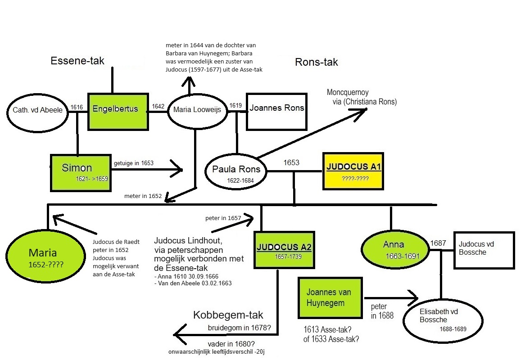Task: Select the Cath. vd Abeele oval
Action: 37,110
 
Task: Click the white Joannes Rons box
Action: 276,111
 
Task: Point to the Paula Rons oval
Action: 236,172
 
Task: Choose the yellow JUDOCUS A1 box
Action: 353,171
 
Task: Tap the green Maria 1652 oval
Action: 46,255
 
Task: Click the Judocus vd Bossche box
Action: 484,250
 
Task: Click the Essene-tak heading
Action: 77,61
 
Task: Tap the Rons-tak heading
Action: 316,62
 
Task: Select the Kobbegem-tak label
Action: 228,315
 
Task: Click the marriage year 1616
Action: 77,107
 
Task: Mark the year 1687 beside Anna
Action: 438,243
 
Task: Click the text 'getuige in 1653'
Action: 134,163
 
